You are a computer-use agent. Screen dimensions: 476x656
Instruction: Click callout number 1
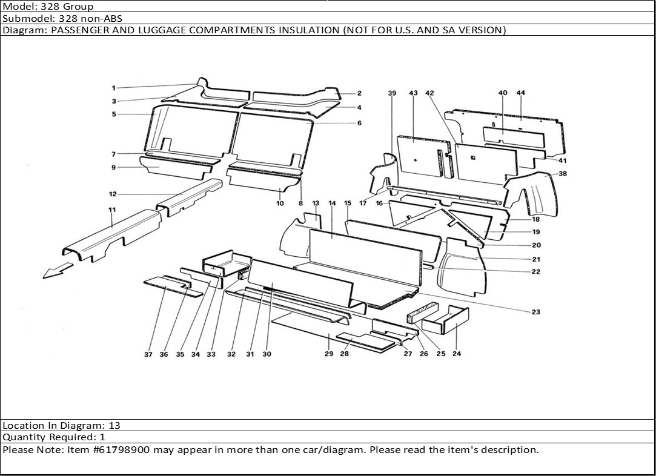pos(113,88)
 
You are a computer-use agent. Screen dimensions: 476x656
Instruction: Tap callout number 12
pos(113,194)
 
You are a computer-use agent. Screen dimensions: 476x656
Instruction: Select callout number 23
pos(536,312)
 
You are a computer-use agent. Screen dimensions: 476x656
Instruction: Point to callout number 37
pos(148,354)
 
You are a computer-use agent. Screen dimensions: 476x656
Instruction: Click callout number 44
pos(520,93)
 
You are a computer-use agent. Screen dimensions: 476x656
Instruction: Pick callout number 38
pos(563,173)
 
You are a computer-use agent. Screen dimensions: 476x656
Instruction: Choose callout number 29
pos(328,354)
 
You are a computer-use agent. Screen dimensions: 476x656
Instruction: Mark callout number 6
pos(359,123)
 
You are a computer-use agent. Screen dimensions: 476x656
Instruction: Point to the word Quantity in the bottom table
pos(24,437)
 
